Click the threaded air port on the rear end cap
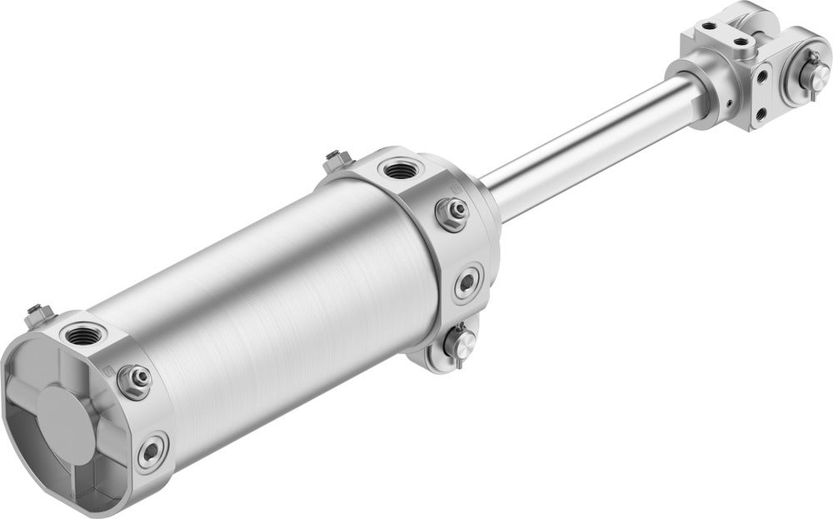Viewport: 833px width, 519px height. click(x=84, y=336)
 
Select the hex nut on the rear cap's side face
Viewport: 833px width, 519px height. click(x=134, y=379)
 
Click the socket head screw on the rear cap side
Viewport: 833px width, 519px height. click(x=152, y=452)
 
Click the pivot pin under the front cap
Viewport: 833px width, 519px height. click(x=459, y=342)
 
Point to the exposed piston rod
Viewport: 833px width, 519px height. click(x=583, y=142)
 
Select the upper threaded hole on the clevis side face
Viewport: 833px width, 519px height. click(x=761, y=76)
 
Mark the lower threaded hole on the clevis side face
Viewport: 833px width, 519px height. click(x=758, y=112)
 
